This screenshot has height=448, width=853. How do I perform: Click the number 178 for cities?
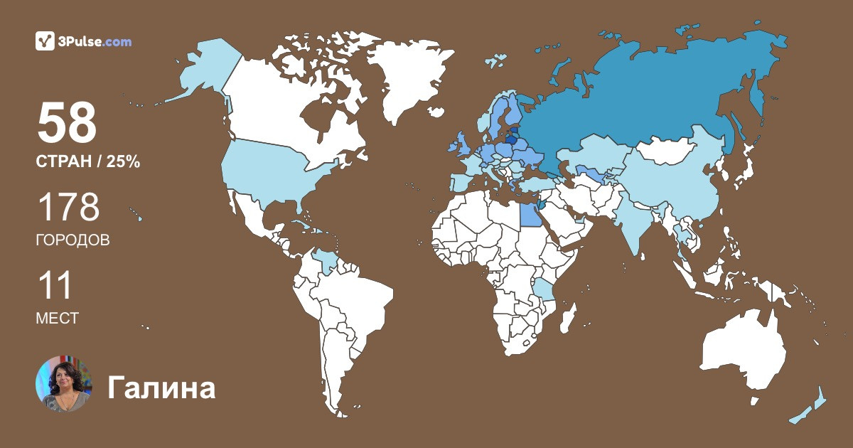pos(68,208)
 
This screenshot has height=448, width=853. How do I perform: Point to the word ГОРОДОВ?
pos(73,240)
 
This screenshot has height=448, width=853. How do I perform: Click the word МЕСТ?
pos(57,319)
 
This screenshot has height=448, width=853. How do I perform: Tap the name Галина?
pos(161,388)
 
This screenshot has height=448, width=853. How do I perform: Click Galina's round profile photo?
pos(64,384)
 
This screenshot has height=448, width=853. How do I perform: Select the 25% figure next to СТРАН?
pos(123,162)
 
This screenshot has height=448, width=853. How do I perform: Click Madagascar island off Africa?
pos(567,324)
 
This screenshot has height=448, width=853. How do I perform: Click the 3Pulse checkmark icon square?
pos(45,41)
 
